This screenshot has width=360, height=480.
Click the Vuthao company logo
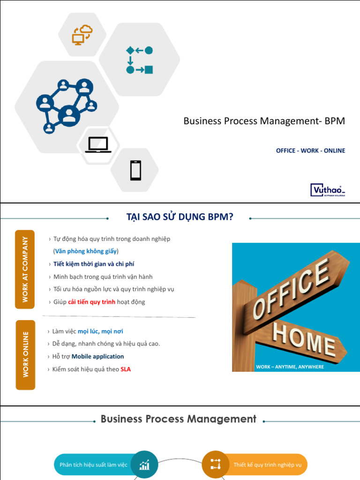(328, 189)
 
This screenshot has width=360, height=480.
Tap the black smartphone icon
(135, 170)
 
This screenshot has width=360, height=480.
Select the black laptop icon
(98, 145)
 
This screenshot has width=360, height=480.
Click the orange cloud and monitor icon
(82, 35)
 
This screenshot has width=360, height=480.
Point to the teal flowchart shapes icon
(139, 60)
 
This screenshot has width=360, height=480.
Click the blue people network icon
(66, 106)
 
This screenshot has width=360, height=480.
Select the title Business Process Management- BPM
(264, 121)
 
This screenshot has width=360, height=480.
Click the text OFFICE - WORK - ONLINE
(310, 150)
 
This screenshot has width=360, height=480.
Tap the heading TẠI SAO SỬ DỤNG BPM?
(180, 217)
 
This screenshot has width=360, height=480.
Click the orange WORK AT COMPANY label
(25, 269)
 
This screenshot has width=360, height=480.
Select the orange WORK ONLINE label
(25, 355)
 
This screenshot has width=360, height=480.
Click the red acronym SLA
(126, 369)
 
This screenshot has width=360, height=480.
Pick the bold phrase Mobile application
(97, 357)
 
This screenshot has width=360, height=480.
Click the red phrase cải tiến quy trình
(91, 302)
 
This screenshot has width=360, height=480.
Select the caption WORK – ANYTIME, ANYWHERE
(290, 367)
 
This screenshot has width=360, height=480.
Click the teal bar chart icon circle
(144, 465)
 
